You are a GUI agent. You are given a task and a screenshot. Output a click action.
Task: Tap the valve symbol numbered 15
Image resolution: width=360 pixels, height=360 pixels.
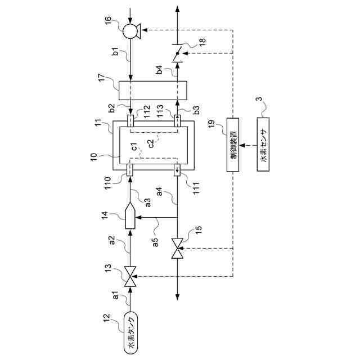point(178,247)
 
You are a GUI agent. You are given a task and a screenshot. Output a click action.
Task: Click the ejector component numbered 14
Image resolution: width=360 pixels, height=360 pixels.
point(130,217)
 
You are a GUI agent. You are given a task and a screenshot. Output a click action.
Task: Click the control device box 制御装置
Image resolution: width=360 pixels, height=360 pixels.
point(233,143)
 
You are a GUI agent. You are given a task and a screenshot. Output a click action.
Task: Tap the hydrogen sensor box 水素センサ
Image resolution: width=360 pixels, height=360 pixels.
point(264,143)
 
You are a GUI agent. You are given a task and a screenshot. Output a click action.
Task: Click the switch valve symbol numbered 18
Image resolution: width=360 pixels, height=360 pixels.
point(178,54)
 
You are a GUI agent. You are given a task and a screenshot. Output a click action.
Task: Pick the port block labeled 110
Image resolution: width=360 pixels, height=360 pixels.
point(130,169)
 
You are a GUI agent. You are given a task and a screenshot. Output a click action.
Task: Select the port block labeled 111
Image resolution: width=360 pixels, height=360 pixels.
point(178,169)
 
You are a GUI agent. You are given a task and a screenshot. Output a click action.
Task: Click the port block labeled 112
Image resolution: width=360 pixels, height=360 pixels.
point(130,121)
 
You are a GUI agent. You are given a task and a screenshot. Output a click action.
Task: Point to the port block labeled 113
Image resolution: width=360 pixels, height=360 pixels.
point(178,121)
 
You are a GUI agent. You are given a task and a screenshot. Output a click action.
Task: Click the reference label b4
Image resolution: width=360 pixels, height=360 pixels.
point(161,70)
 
